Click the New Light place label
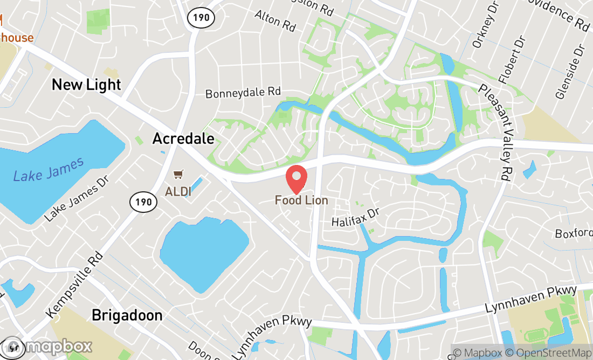click(x=86, y=85)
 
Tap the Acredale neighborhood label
click(x=183, y=139)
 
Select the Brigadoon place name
click(x=127, y=315)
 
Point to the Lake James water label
click(x=49, y=169)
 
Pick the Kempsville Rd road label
click(x=74, y=284)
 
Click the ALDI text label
click(x=177, y=191)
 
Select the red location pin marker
click(x=296, y=179)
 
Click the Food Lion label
click(x=301, y=200)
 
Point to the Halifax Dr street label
click(x=356, y=217)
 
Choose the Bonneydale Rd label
click(x=243, y=93)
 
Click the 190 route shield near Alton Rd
click(x=201, y=18)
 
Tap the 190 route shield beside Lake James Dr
click(x=143, y=202)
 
